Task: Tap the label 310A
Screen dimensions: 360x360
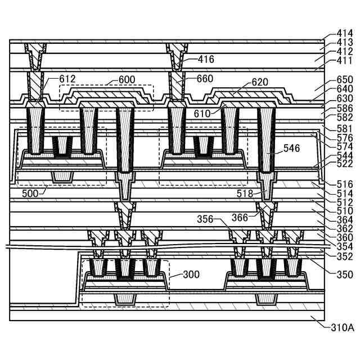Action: pyautogui.click(x=342, y=327)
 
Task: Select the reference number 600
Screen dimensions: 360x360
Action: pyautogui.click(x=127, y=80)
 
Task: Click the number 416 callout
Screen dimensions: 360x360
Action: pyautogui.click(x=206, y=58)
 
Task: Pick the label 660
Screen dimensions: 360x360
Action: pyautogui.click(x=205, y=79)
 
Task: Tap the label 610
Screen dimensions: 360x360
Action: pyautogui.click(x=202, y=113)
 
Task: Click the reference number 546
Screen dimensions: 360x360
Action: pyautogui.click(x=291, y=148)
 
